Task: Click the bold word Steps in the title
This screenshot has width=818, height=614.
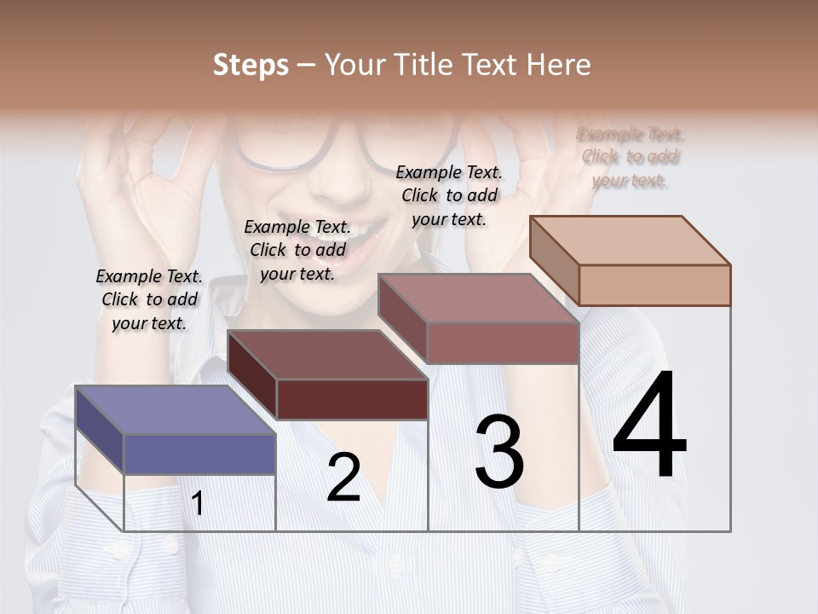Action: [251, 65]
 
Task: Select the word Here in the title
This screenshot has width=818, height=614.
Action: [558, 65]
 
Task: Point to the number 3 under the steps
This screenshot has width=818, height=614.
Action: [498, 452]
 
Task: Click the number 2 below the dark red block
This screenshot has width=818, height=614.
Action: [344, 478]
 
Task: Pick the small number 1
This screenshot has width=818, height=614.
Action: [198, 504]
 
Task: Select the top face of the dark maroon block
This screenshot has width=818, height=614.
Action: [327, 355]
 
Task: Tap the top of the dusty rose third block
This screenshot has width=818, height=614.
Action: [477, 298]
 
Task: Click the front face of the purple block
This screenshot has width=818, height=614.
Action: [199, 454]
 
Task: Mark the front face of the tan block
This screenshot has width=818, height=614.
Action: [654, 285]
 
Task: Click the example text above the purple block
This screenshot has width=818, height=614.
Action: [149, 299]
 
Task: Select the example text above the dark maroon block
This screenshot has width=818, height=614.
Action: [297, 250]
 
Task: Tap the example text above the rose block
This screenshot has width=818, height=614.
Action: [449, 195]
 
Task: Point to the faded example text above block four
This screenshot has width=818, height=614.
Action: [631, 157]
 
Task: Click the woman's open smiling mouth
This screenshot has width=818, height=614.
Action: [367, 240]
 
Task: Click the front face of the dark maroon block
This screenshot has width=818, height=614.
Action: [352, 399]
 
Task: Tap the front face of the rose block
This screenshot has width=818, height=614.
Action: [503, 343]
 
